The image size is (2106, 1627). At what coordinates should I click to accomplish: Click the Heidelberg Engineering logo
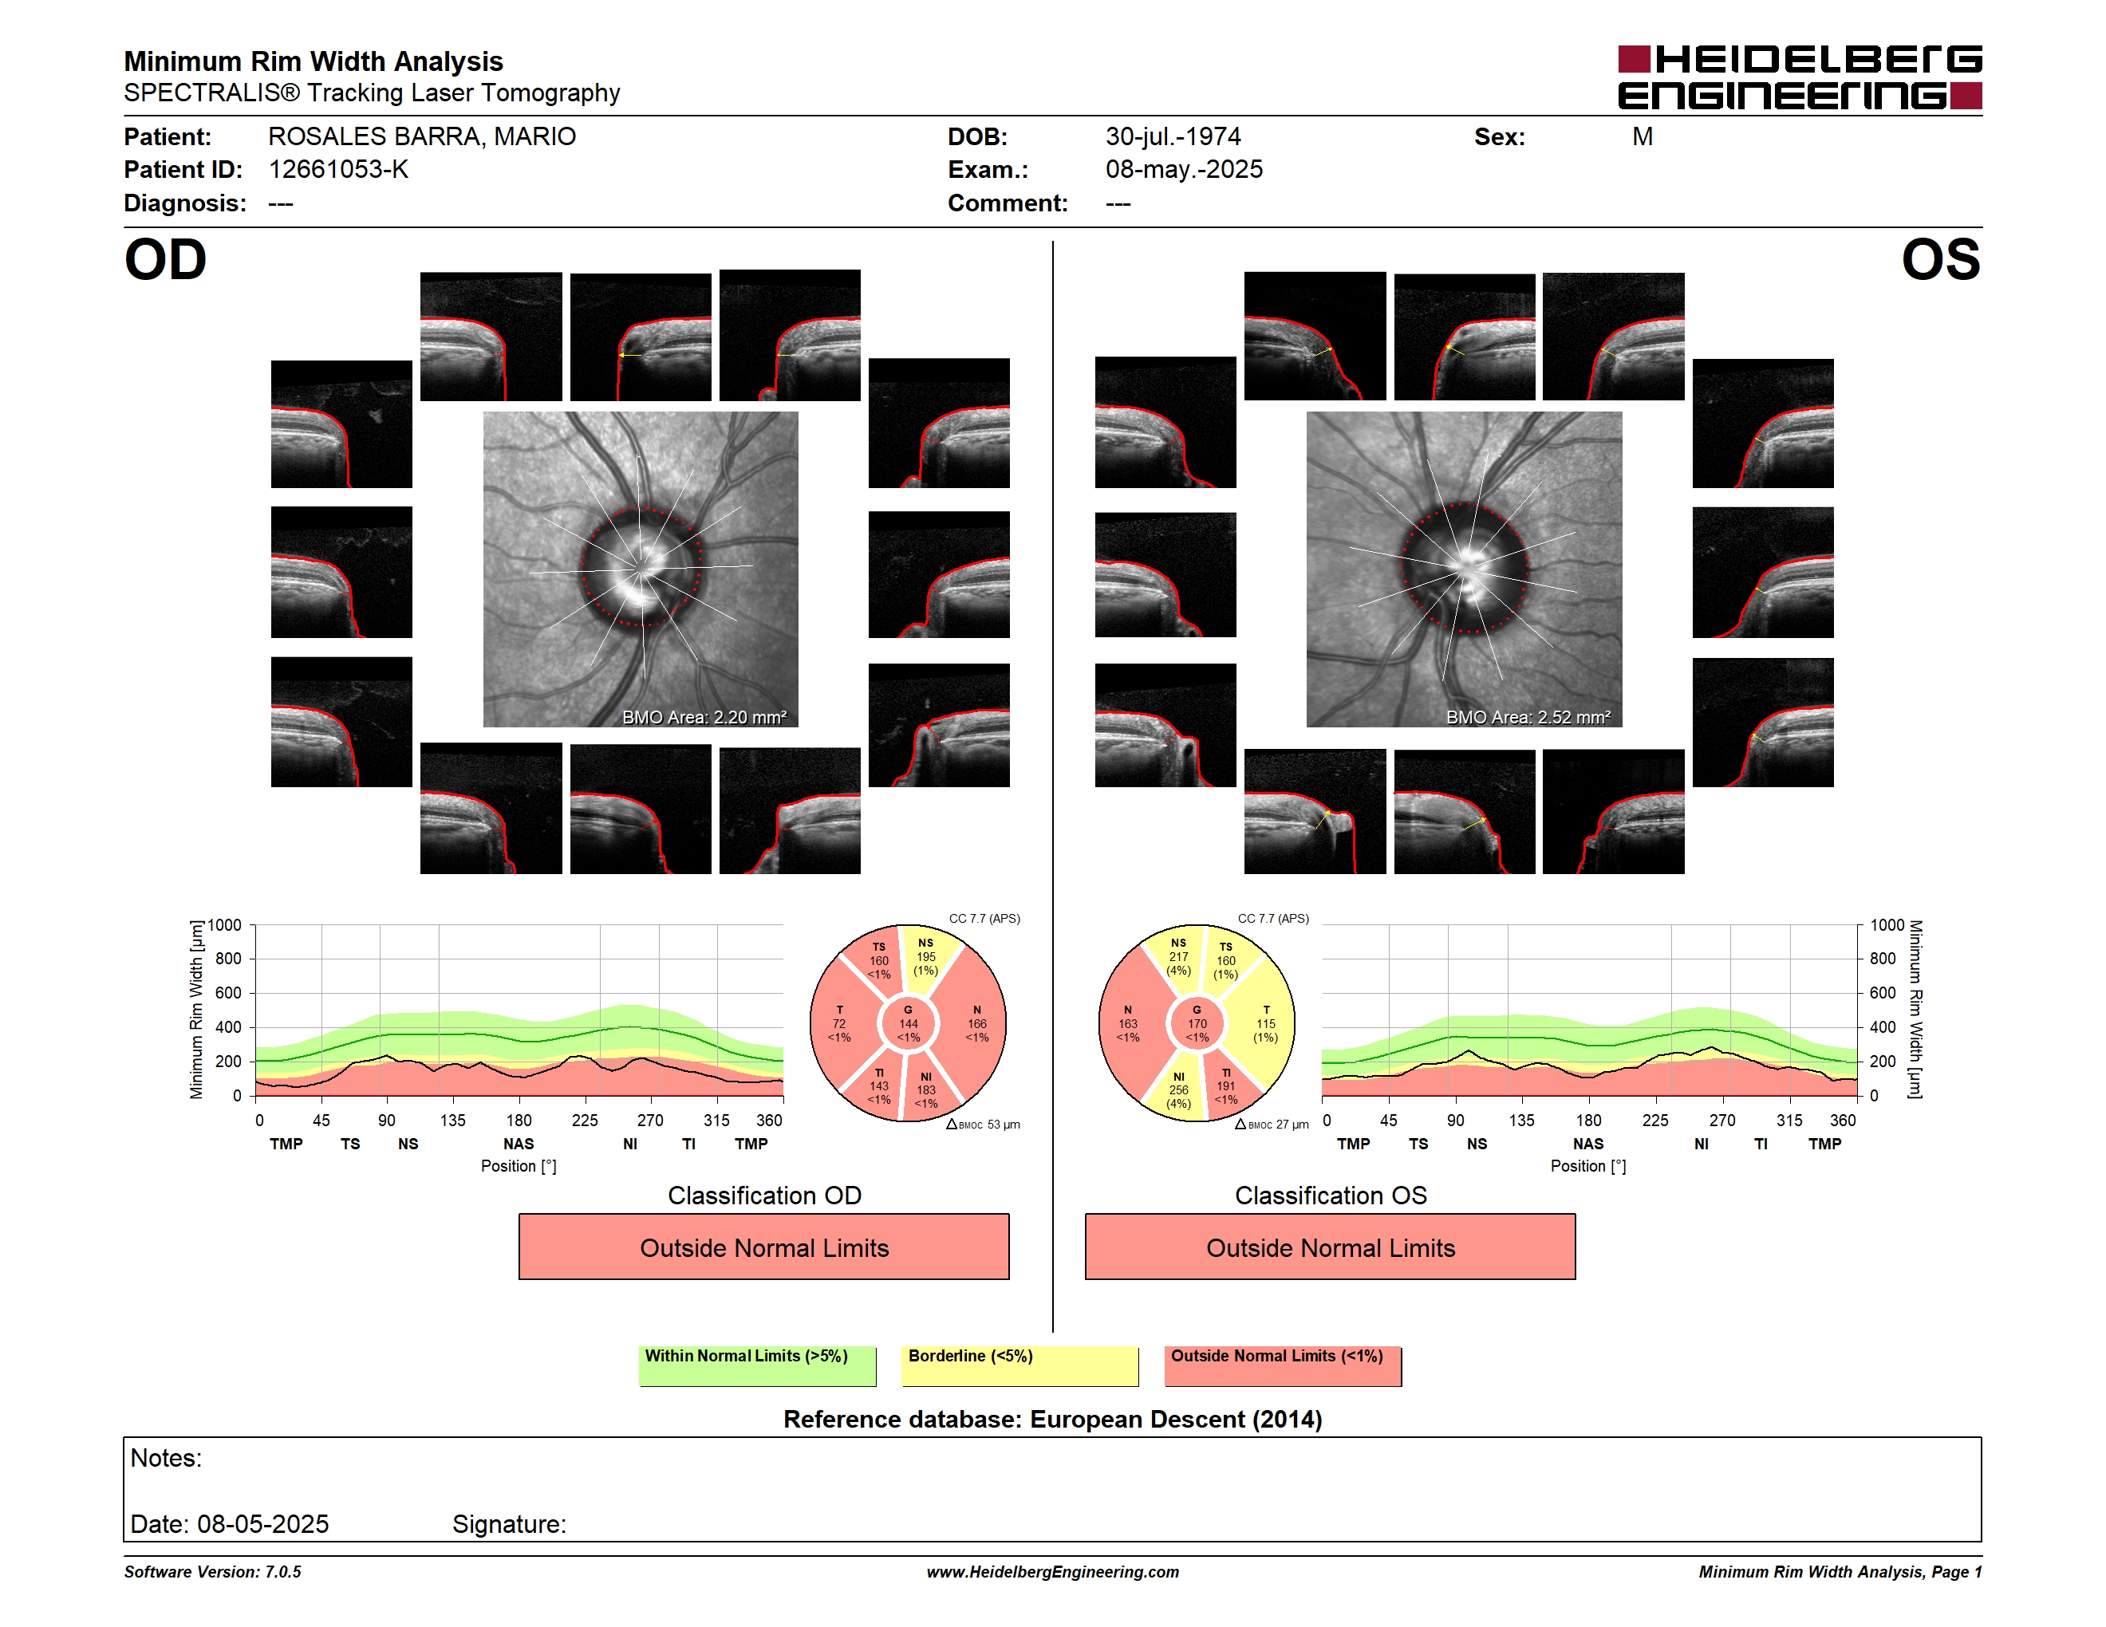point(1800,77)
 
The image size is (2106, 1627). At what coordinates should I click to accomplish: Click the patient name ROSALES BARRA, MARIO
point(421,137)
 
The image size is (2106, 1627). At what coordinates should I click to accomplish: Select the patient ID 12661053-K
point(338,170)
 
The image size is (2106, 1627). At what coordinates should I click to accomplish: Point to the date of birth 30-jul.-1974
point(1173,137)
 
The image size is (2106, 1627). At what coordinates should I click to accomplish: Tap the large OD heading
point(165,260)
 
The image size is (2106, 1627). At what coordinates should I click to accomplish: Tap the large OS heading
point(1940,260)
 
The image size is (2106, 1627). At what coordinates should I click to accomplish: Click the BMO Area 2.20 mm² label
point(704,717)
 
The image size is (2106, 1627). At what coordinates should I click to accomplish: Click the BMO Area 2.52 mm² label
point(1528,717)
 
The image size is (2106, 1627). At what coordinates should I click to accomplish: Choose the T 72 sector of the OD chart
point(840,1023)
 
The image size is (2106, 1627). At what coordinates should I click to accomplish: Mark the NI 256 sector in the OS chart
point(1178,1090)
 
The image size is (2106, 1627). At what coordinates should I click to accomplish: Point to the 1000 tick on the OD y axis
point(225,925)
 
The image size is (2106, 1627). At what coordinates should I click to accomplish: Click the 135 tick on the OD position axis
point(452,1120)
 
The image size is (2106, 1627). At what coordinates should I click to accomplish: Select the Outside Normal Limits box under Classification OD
point(763,1247)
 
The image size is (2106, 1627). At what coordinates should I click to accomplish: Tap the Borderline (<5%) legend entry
point(1019,1365)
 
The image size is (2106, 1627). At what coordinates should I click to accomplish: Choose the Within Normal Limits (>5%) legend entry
point(757,1365)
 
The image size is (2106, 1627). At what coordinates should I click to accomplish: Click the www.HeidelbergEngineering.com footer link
point(1052,1572)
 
